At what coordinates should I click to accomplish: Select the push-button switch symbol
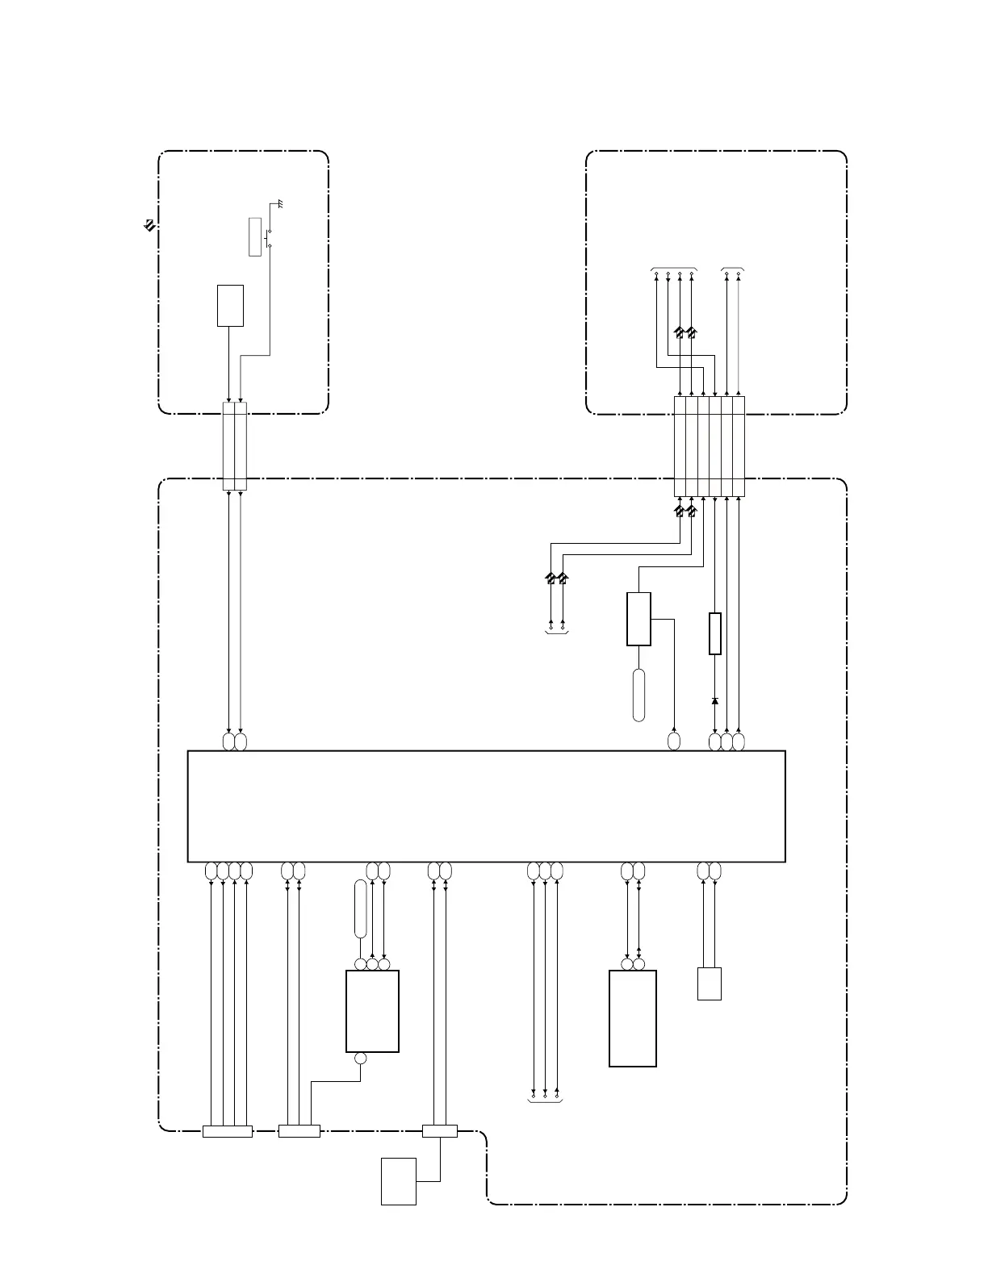268,237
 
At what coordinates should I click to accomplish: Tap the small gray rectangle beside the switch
255,236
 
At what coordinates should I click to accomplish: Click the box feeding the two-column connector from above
230,305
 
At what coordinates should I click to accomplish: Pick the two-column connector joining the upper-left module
234,445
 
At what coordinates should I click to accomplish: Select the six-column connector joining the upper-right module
709,446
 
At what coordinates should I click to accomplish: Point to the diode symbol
714,701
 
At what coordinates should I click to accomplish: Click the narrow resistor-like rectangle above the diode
714,633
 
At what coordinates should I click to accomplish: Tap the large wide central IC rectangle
486,806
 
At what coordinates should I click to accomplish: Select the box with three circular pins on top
372,1011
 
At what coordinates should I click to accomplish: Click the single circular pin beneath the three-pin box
360,1059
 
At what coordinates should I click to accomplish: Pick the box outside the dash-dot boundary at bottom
398,1181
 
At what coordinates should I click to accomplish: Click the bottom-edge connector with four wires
227,1131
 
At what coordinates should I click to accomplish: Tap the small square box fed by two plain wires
709,984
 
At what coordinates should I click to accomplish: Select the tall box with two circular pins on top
632,1018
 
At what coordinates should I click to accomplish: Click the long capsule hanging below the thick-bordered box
639,695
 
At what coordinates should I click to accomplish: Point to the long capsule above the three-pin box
360,908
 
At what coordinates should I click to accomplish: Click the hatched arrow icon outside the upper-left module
149,225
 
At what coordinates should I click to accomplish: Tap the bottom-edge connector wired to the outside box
439,1131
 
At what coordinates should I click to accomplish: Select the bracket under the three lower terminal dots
545,1101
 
